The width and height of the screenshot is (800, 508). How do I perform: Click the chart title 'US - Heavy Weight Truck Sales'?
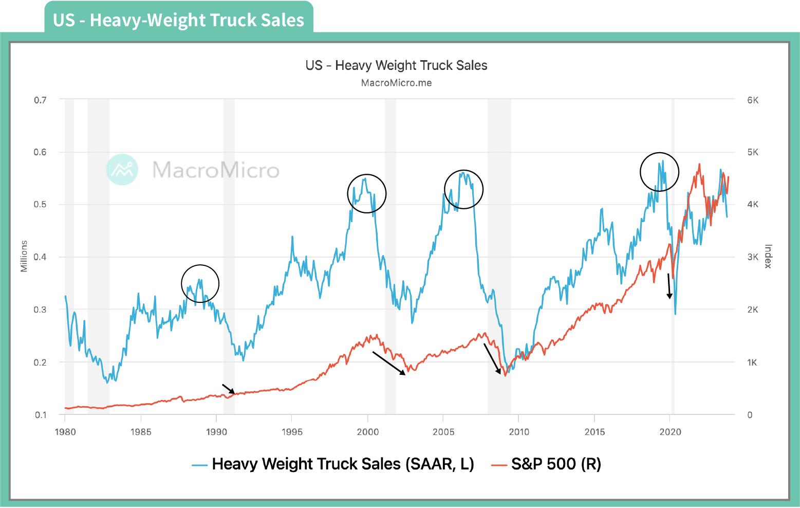[x=396, y=65]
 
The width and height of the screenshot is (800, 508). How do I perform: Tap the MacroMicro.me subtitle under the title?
[x=396, y=83]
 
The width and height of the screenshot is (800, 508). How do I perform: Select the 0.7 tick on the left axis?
[x=40, y=100]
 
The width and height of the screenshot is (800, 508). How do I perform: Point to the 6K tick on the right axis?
[x=753, y=100]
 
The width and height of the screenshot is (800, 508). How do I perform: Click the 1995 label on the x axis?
[x=292, y=432]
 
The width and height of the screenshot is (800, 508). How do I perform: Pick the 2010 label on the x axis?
[x=519, y=432]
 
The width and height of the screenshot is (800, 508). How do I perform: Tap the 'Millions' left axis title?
[x=24, y=256]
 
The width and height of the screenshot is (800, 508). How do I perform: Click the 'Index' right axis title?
[x=768, y=256]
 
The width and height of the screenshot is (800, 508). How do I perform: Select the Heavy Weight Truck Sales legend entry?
[x=333, y=464]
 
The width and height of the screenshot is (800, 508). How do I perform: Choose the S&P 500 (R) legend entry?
[x=547, y=464]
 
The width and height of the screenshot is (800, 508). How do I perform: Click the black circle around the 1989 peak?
[x=200, y=284]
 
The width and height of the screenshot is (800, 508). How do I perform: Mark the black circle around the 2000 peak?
[x=367, y=194]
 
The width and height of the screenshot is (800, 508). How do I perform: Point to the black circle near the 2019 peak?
[x=659, y=172]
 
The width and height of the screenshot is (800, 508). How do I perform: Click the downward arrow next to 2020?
[x=669, y=286]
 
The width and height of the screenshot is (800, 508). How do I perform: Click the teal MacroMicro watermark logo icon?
[x=122, y=169]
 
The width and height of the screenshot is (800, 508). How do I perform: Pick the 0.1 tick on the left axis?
[x=40, y=415]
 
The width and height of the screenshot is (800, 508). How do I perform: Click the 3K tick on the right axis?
[x=753, y=257]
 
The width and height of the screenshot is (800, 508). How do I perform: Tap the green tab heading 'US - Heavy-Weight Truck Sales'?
[x=178, y=20]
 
